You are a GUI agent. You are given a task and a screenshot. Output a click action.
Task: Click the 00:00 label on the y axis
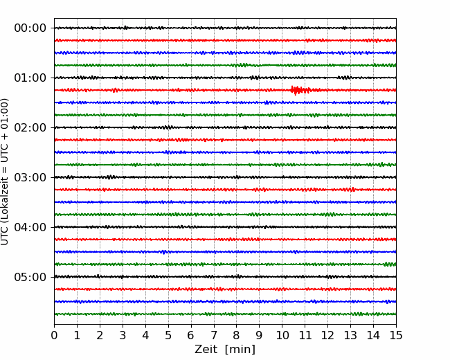coord(30,28)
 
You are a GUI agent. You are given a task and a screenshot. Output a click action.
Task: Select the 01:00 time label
coord(30,78)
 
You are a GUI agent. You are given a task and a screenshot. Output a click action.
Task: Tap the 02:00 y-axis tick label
coord(30,127)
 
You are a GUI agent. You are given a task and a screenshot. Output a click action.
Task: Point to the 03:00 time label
coord(30,177)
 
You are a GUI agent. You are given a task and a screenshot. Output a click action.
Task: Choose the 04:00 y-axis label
coord(30,227)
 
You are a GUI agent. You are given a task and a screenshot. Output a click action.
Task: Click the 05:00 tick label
coord(30,277)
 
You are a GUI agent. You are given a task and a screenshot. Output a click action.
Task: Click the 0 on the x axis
coord(54,335)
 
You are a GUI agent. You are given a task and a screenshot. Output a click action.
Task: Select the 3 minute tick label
coord(123,335)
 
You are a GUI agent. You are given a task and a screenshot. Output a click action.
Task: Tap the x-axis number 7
coord(214,335)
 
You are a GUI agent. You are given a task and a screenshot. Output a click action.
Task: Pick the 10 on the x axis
coord(282,335)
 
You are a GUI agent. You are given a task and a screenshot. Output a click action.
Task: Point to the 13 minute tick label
coord(350,335)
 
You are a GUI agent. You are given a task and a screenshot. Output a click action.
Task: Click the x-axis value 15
coord(396,335)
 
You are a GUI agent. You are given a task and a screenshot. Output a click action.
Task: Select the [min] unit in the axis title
coord(240,350)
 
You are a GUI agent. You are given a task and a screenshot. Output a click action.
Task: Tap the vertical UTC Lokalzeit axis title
coord(5,172)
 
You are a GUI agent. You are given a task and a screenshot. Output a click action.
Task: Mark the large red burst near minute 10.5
coord(300,90)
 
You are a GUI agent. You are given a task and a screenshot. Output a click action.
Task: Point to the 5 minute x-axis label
coord(168,335)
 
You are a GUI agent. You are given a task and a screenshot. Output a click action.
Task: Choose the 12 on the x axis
coord(327,335)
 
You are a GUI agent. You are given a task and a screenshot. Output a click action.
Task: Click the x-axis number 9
coord(260,335)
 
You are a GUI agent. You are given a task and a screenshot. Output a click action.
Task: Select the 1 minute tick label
coord(77,335)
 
